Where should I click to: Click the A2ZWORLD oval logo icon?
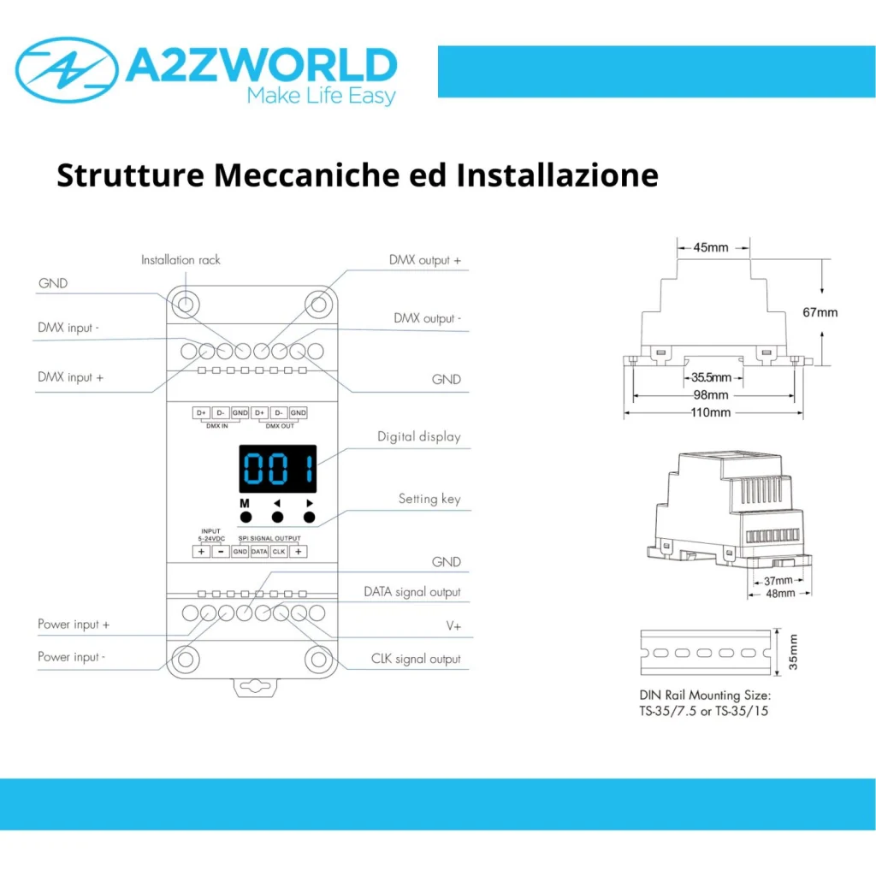(67, 70)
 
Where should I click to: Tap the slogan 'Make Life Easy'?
(322, 96)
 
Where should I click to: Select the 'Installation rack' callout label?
(181, 260)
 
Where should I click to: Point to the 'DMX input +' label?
(70, 377)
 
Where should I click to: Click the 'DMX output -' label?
(428, 318)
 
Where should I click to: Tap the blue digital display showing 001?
(278, 469)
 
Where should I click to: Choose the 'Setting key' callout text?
(429, 499)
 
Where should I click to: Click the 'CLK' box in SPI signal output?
(279, 552)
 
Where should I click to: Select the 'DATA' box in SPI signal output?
(259, 552)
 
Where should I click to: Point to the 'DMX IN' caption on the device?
(216, 426)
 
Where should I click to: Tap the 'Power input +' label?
(74, 624)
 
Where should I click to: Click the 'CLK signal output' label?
(416, 660)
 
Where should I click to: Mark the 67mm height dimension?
(820, 312)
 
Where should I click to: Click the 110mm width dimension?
(711, 412)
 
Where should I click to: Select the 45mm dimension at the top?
(711, 247)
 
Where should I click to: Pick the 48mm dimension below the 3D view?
(780, 594)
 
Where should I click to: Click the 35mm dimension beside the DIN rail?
(793, 652)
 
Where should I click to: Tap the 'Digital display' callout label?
(419, 437)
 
